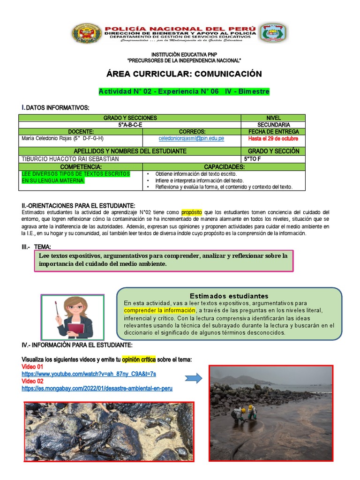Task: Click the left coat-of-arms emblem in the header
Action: coord(86,34)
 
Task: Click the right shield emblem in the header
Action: coord(274,33)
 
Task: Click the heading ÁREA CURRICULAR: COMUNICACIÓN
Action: coord(184,74)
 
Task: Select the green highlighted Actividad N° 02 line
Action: coord(184,91)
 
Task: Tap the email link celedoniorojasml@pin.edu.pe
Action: coord(191,139)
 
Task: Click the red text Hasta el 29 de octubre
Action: coord(273,139)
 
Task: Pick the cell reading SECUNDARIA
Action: coord(273,125)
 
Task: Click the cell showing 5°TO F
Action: coord(253,159)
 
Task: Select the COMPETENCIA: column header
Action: coord(81,167)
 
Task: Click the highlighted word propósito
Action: coord(191,212)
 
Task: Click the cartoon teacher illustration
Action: coord(73,317)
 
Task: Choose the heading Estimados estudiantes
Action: coord(229,296)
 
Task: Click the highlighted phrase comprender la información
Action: coord(159,310)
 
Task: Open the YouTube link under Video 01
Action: coord(89,374)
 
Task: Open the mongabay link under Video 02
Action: coord(97,389)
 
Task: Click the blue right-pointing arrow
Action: coord(193,378)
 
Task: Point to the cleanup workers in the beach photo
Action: coord(245,412)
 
